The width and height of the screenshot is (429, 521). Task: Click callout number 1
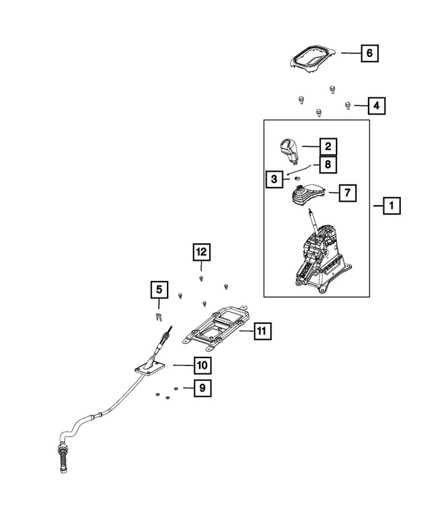click(391, 206)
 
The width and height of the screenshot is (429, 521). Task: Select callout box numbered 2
click(327, 146)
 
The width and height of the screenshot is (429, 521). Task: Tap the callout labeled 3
click(273, 179)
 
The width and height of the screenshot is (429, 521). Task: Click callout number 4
click(377, 105)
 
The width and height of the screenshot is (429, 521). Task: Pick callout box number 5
click(159, 290)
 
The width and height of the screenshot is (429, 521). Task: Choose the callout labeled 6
click(370, 52)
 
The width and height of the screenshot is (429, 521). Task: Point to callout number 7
click(347, 193)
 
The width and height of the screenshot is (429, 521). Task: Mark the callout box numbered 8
click(327, 164)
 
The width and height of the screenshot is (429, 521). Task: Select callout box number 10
click(202, 365)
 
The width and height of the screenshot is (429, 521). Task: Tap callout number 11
click(262, 331)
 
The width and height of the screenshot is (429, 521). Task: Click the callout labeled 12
click(201, 252)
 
